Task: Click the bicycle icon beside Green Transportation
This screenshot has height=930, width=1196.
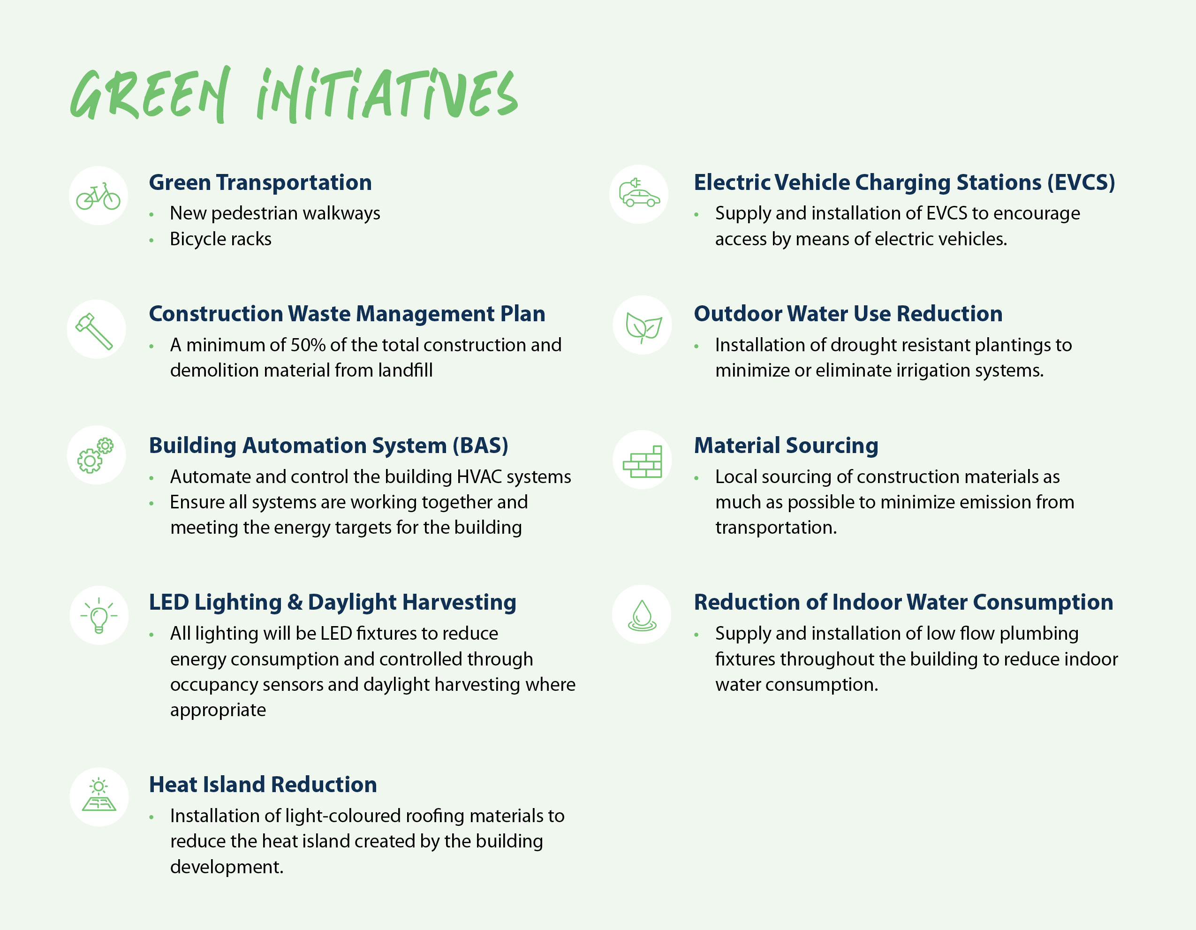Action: pos(98,196)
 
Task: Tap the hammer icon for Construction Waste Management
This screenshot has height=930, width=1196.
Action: pos(96,330)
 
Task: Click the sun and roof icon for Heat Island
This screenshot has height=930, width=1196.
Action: pos(98,796)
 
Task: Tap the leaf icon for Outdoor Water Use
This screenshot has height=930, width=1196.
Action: pos(643,326)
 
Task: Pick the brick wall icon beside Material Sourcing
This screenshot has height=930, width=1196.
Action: pos(643,461)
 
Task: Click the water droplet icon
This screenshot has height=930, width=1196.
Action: pos(642,615)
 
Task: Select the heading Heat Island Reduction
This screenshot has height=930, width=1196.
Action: pos(263,784)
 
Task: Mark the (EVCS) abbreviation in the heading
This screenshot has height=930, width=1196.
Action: pos(1081,182)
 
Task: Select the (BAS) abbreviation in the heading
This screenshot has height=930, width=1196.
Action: pos(480,445)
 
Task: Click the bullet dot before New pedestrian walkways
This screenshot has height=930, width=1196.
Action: pos(151,215)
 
